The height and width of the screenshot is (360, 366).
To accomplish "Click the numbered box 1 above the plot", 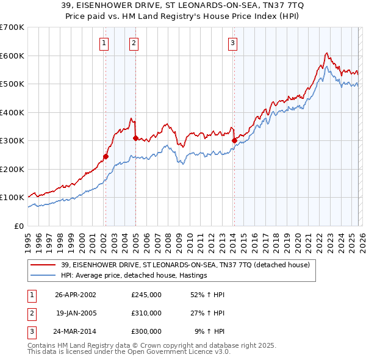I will pyautogui.click(x=104, y=43).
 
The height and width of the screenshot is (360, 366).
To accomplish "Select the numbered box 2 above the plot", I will pyautogui.click(x=134, y=43).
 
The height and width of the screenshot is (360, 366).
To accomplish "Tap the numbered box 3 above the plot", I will pyautogui.click(x=232, y=43).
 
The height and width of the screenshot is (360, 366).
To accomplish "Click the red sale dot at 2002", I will pyautogui.click(x=106, y=156).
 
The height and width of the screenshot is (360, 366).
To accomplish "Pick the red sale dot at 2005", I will pyautogui.click(x=135, y=138).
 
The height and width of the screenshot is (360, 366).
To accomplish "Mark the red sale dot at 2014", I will pyautogui.click(x=234, y=140).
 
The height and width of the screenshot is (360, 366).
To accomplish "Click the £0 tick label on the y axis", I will pyautogui.click(x=19, y=226).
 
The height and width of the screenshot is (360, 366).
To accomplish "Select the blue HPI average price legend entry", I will pyautogui.click(x=134, y=275).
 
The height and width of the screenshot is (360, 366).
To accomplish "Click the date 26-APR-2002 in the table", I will pyautogui.click(x=75, y=295).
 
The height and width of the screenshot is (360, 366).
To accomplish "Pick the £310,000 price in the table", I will pyautogui.click(x=146, y=313).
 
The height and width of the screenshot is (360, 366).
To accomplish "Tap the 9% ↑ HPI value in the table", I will pyautogui.click(x=209, y=331).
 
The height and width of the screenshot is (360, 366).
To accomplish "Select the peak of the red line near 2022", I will pyautogui.click(x=327, y=53).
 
